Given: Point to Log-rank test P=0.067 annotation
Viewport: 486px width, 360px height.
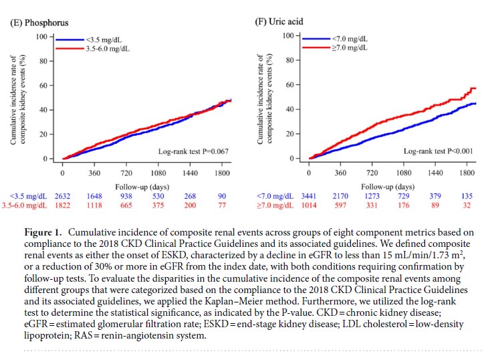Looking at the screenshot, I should click(193, 151).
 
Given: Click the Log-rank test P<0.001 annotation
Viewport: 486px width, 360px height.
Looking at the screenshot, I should click(439, 151).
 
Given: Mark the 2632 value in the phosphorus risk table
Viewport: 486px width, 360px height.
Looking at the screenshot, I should click(62, 196).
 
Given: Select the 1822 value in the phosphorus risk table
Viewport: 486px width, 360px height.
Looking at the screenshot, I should click(62, 205).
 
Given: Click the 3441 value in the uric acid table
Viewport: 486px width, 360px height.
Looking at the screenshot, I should click(308, 196).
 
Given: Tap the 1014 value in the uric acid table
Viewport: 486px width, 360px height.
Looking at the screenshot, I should click(308, 205).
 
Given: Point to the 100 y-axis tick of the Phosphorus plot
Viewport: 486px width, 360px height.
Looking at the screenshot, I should click(41, 36).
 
